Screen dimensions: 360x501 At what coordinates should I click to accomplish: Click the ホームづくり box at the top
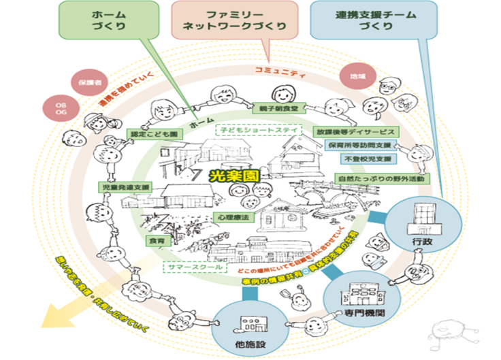108,20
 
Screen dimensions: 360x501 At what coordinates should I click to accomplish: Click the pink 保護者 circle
85,80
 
